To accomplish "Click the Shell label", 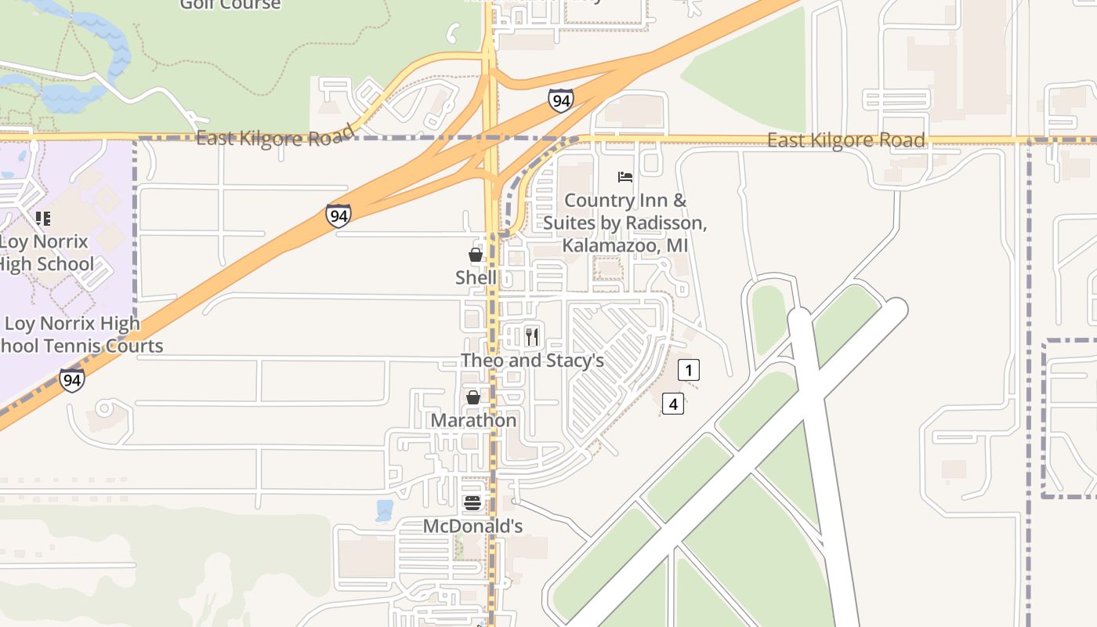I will tap(476, 277).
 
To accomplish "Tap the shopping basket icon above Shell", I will tap(475, 255).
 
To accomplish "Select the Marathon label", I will tap(473, 420).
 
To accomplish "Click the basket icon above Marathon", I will tap(473, 397).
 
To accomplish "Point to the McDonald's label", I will tap(472, 526).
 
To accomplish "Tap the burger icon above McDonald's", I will tap(472, 503).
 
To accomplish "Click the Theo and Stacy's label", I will tap(532, 361).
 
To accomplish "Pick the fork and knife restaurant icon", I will tap(532, 337).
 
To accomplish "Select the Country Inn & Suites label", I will tap(625, 223).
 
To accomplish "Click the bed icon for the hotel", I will tap(625, 177).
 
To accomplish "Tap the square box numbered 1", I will tap(688, 370).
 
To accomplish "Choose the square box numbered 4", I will tap(673, 404).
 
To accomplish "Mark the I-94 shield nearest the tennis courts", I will tap(71, 380).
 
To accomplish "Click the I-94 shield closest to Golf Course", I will tap(560, 100).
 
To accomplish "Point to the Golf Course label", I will tap(230, 5).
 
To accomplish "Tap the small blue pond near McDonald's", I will tap(385, 510).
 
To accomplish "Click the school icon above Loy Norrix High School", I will tap(43, 218).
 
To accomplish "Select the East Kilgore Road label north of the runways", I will tap(845, 140).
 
